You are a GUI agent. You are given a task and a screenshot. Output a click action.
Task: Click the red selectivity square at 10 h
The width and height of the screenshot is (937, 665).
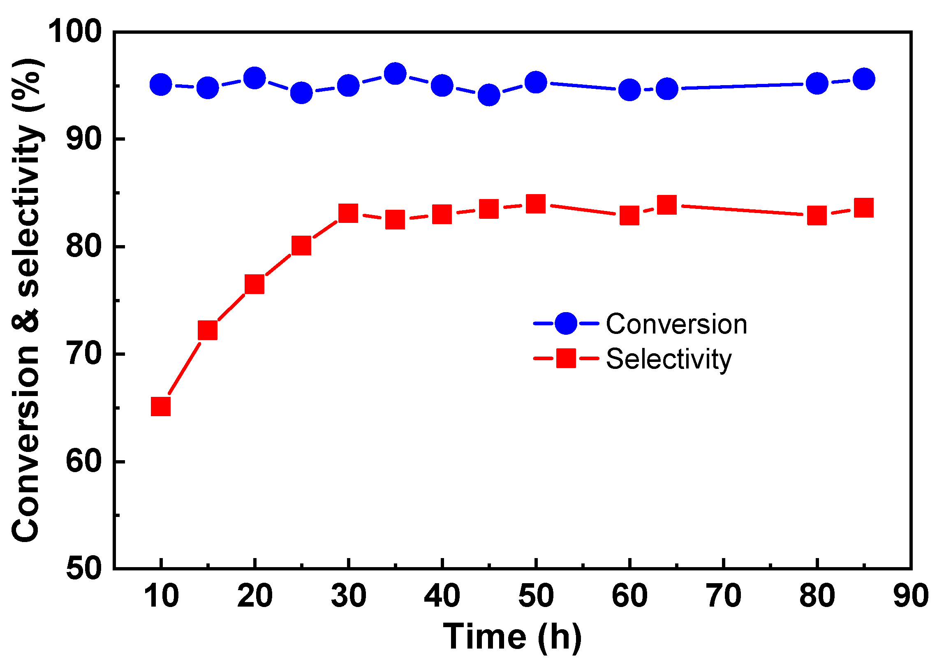click(x=161, y=407)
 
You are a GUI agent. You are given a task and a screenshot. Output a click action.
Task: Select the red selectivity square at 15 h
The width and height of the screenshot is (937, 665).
click(x=208, y=330)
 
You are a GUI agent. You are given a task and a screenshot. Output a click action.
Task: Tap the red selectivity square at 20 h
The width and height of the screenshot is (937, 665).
click(x=254, y=284)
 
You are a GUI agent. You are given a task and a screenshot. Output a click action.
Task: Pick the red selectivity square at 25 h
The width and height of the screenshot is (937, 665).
click(x=301, y=246)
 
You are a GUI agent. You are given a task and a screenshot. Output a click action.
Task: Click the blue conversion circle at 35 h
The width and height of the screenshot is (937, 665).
click(x=395, y=74)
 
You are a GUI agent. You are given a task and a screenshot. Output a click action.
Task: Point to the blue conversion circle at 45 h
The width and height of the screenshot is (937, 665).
click(x=489, y=95)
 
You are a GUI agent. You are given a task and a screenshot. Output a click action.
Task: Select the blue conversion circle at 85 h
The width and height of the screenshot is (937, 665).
click(x=864, y=79)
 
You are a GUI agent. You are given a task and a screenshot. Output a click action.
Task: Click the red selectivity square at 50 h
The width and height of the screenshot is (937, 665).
click(x=536, y=204)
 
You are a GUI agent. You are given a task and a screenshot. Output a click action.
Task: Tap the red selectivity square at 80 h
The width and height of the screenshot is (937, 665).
click(x=817, y=215)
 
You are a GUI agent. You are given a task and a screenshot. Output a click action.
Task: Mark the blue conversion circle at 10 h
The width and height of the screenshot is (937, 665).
click(x=161, y=85)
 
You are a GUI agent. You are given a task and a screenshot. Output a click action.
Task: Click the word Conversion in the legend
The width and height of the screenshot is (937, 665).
click(x=676, y=324)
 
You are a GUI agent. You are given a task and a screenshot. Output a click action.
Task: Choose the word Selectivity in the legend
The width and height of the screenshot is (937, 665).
click(x=669, y=359)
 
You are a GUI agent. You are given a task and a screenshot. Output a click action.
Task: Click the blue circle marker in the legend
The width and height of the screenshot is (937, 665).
click(x=566, y=323)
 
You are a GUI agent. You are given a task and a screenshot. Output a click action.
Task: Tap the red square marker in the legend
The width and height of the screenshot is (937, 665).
click(x=566, y=358)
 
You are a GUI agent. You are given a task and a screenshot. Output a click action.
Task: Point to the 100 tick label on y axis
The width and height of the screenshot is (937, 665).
click(x=75, y=31)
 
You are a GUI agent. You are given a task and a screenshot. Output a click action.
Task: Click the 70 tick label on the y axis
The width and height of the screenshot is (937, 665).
click(x=83, y=354)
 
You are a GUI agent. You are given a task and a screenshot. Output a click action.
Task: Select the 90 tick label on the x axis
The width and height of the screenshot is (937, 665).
click(x=911, y=596)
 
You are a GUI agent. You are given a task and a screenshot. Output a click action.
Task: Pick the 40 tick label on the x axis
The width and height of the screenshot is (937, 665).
click(x=442, y=596)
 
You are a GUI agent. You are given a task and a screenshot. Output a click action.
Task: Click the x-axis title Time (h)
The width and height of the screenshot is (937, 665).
click(x=512, y=637)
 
